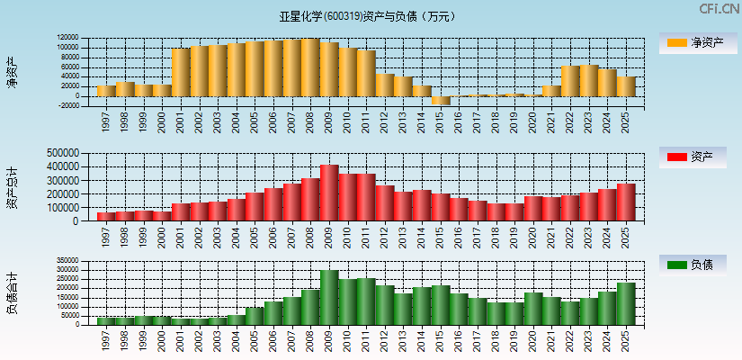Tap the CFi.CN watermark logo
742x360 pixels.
pyautogui.click(x=720, y=9)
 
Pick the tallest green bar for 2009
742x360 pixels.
pyautogui.click(x=329, y=297)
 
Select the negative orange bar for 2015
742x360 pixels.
pyautogui.click(x=441, y=100)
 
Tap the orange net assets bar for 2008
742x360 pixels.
pyautogui.click(x=310, y=67)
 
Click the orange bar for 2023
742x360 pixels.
pyautogui.click(x=589, y=80)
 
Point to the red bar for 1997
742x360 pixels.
pyautogui.click(x=106, y=216)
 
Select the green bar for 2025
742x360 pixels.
pyautogui.click(x=626, y=303)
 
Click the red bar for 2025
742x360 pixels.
pyautogui.click(x=626, y=202)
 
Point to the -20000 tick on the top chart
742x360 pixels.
pyautogui.click(x=67, y=105)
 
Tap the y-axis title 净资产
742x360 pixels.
pyautogui.click(x=12, y=71)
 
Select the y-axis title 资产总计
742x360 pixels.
pyautogui.click(x=12, y=187)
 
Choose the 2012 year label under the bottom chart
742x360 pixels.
pyautogui.click(x=385, y=340)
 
